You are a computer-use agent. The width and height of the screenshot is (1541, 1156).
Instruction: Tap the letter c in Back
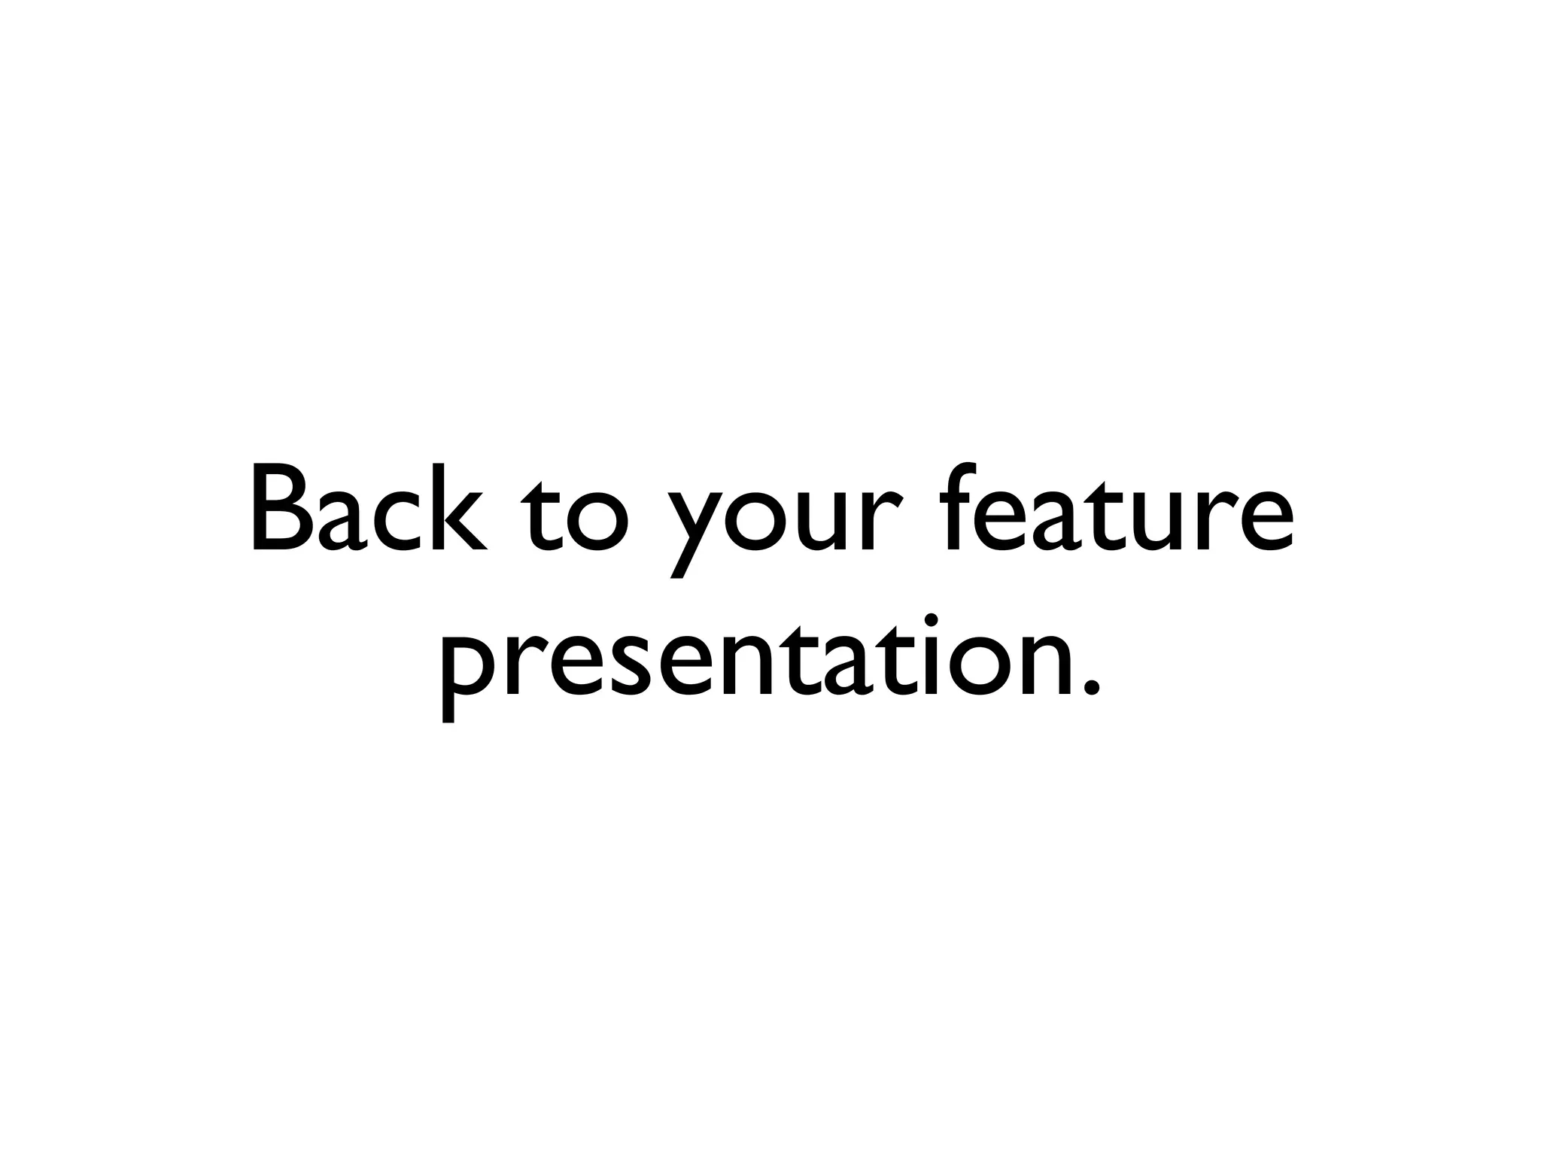coord(401,521)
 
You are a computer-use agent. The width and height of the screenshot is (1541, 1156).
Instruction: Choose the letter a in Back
coord(343,521)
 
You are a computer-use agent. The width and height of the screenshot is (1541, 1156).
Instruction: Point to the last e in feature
coord(1264,521)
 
